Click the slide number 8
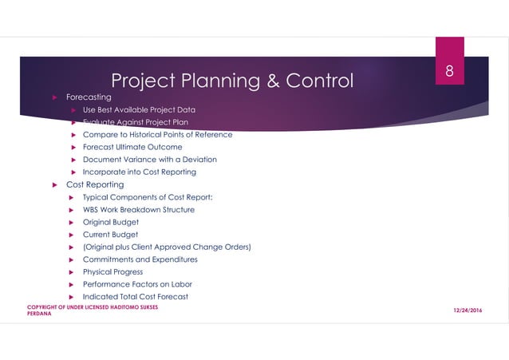pos(449,71)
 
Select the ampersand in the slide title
pos(264,81)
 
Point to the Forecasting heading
pos(88,97)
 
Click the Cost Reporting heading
pos(94,184)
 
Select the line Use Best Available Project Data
pos(139,109)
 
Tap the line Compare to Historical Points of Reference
pos(157,134)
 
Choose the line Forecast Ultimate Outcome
pos(132,147)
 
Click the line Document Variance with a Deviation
pos(149,159)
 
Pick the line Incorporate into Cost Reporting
pos(139,172)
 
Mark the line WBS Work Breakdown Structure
pos(138,209)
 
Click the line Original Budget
pos(110,222)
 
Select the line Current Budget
pos(110,235)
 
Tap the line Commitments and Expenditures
pos(140,259)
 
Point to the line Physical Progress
pos(112,271)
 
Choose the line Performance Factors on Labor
pos(137,284)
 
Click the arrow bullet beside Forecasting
pos(54,97)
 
